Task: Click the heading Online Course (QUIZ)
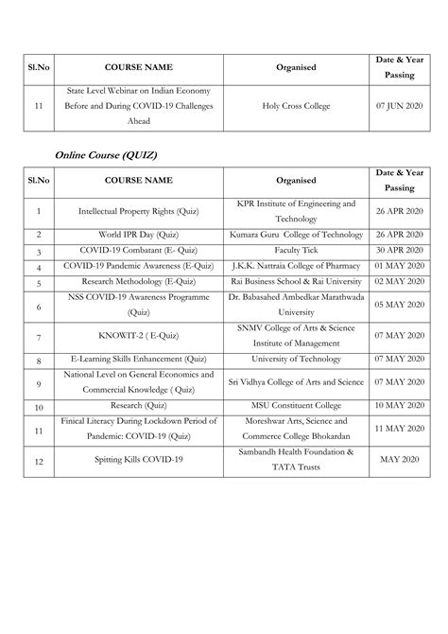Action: pyautogui.click(x=105, y=153)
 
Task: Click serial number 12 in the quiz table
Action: pyautogui.click(x=39, y=459)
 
